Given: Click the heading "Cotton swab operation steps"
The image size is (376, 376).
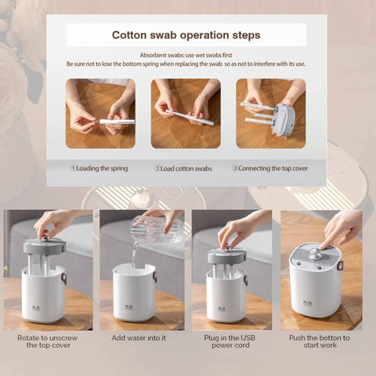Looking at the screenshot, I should coord(186,35).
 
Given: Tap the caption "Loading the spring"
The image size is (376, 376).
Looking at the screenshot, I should coord(101,168).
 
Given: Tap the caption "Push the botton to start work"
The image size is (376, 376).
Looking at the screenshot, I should coord(321,342).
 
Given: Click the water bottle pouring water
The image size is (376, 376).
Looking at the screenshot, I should coord(157,229).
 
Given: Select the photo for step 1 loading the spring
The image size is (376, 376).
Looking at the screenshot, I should coord(100,114).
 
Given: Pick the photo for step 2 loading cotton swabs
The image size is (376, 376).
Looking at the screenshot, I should coord(186,114).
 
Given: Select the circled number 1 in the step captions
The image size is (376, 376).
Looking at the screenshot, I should coord(74,168).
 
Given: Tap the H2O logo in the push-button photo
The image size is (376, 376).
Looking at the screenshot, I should coord(308,302).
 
